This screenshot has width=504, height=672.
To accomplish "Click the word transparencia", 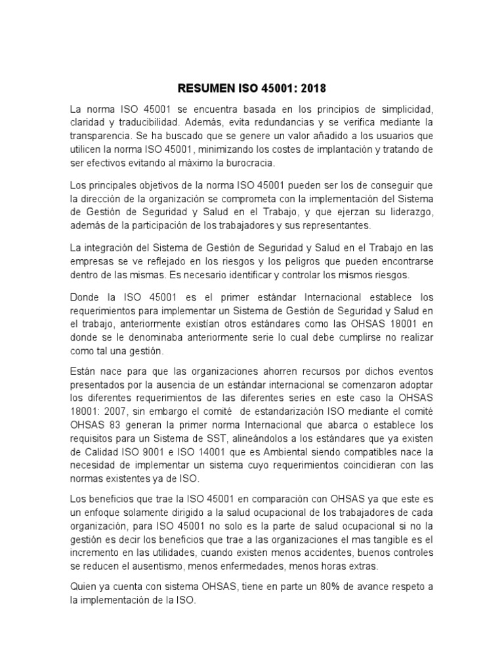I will click(100, 136).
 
